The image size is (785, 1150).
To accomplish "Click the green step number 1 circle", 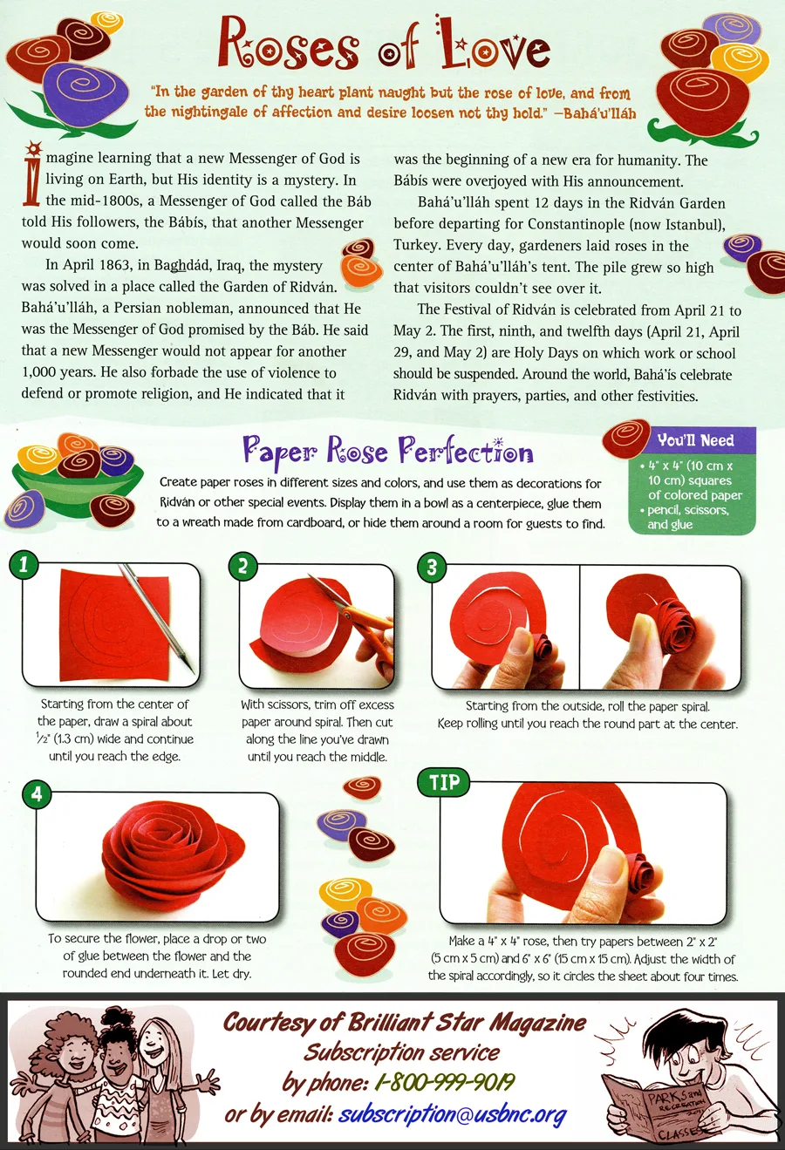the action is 24,565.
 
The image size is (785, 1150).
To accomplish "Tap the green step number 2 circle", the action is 243,566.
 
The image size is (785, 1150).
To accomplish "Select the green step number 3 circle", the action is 432,568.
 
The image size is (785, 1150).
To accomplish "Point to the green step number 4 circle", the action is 37,794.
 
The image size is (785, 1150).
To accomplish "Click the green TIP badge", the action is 444,782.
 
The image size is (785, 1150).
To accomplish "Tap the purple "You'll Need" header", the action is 695,440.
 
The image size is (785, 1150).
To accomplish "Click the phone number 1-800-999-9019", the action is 445,1083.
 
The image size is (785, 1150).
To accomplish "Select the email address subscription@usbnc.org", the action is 452,1114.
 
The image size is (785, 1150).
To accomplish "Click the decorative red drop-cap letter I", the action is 32,174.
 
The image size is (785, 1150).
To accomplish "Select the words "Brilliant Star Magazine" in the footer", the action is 467,1022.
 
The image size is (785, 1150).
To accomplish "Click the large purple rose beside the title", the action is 85,93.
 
